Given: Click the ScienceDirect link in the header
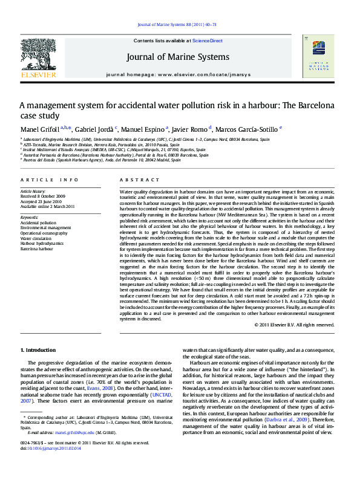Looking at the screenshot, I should [208, 41].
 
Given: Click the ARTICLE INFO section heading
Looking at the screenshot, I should [50, 180].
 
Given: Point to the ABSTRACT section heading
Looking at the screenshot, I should [139, 180].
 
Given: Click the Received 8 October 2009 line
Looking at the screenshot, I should [46, 196].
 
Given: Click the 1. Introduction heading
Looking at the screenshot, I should [39, 350].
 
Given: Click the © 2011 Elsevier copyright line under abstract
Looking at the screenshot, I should [292, 325].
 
